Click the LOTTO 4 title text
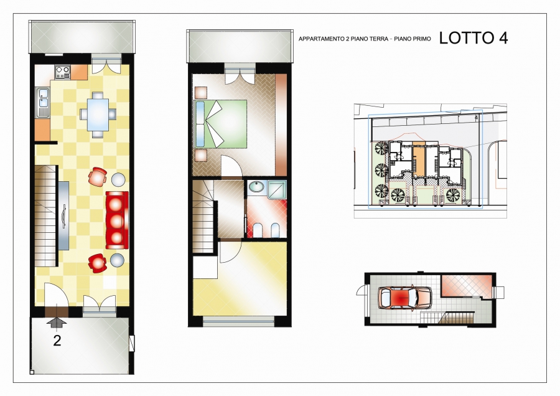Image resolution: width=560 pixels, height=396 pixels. [474, 38]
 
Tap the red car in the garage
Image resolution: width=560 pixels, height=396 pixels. [404, 298]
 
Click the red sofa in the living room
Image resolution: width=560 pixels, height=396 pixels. [117, 220]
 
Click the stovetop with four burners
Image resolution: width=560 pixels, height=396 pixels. [62, 72]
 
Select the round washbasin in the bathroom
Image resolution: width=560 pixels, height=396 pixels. [256, 187]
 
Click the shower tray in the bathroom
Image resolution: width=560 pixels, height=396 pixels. [277, 190]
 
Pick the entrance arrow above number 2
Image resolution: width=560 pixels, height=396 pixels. [57, 323]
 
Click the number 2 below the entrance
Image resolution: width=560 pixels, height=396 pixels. [57, 341]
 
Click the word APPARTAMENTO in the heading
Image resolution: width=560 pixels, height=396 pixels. [321, 39]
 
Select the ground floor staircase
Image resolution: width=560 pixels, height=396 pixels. [47, 215]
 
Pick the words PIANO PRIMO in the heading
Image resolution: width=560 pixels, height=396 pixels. [413, 39]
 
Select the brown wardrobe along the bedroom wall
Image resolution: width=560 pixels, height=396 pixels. [281, 125]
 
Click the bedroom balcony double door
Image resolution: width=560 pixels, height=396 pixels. [240, 76]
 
